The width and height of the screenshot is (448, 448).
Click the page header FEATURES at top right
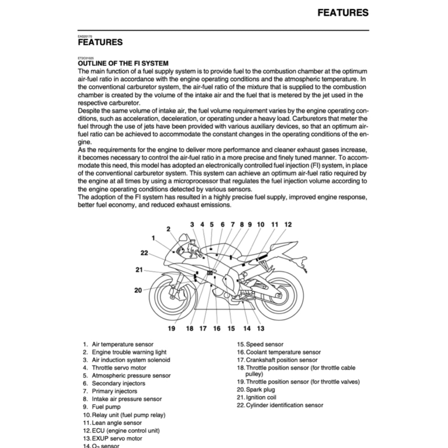tap(343, 13)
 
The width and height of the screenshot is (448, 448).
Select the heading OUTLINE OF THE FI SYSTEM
tap(123, 63)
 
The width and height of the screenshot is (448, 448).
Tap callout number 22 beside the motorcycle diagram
tap(144, 252)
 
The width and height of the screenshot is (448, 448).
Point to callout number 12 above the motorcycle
tap(287, 224)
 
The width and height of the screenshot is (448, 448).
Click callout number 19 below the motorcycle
tap(171, 329)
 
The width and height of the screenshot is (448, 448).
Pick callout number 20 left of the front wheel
tap(138, 290)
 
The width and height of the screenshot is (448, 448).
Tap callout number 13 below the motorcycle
tap(260, 329)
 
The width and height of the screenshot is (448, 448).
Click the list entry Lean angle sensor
tap(116, 423)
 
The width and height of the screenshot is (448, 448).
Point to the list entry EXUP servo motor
tap(117, 438)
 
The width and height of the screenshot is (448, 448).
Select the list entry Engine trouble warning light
tap(129, 352)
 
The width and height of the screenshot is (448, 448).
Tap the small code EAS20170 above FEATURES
tap(85, 36)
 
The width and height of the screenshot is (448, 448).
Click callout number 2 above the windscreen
tap(168, 228)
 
